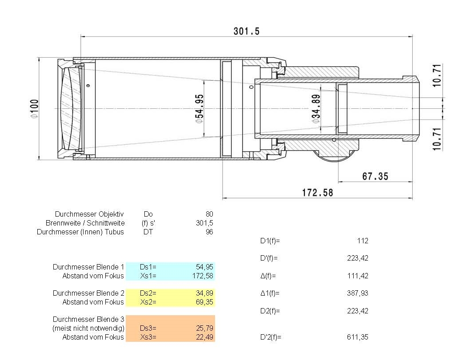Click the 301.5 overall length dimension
point(246,31)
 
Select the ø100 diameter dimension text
point(35,108)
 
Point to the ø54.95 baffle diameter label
point(199,109)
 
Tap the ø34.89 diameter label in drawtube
point(315,109)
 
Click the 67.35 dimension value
point(375,176)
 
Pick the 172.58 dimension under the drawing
point(318,193)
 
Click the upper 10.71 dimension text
point(437,75)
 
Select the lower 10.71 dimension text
point(437,139)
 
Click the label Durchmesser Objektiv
point(89,214)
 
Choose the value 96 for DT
point(209,232)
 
